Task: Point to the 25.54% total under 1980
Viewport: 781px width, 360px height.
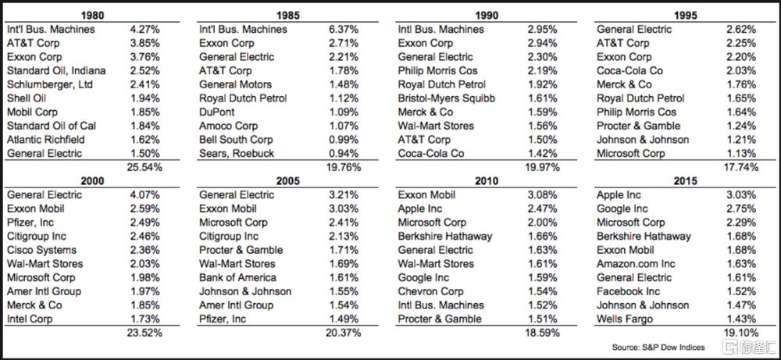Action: pyautogui.click(x=143, y=167)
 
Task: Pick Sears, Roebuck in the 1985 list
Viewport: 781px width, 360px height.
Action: pyautogui.click(x=237, y=154)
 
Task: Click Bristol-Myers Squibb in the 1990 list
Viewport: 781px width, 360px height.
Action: pyautogui.click(x=446, y=98)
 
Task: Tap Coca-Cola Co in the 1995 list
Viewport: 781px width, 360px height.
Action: pyautogui.click(x=629, y=71)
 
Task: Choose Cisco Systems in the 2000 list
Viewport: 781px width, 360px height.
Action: pyautogui.click(x=41, y=250)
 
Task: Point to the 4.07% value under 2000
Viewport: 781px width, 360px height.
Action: pyautogui.click(x=143, y=194)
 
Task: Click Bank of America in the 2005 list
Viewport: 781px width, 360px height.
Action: pyautogui.click(x=237, y=277)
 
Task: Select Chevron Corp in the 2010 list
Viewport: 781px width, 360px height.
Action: pyautogui.click(x=430, y=291)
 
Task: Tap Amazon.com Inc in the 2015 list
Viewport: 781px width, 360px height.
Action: pyautogui.click(x=636, y=264)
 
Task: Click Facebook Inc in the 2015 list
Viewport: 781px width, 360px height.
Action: pyautogui.click(x=629, y=291)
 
